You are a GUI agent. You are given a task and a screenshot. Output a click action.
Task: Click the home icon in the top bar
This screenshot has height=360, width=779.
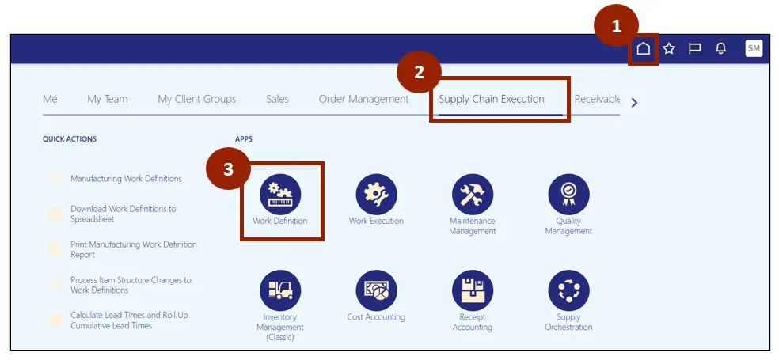(x=643, y=49)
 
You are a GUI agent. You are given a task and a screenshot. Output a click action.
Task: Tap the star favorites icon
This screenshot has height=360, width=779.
(x=669, y=49)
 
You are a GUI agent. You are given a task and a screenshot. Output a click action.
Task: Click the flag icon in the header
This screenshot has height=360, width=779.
(x=694, y=49)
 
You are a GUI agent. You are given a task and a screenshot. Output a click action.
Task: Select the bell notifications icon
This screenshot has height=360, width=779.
(x=720, y=49)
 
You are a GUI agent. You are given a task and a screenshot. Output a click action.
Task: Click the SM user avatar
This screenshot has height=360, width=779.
(x=754, y=49)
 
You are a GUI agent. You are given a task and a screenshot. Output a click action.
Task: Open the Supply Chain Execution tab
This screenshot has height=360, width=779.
(x=492, y=99)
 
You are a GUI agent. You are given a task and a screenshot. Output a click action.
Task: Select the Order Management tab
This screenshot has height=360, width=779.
(x=363, y=99)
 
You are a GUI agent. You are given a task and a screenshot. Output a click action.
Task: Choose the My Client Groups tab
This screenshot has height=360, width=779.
(x=196, y=99)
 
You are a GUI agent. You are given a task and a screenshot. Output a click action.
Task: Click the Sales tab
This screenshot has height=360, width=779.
(x=277, y=99)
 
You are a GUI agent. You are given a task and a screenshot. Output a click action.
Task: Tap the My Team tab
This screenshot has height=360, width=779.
(x=108, y=99)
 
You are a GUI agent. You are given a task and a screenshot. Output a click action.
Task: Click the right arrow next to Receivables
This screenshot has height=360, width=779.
(x=633, y=102)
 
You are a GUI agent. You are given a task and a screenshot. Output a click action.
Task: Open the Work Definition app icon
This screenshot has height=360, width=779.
(x=280, y=194)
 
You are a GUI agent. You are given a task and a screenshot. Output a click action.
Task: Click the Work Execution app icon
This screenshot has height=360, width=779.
(x=376, y=194)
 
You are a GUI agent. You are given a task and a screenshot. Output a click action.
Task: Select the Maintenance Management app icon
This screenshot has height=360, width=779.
(x=473, y=194)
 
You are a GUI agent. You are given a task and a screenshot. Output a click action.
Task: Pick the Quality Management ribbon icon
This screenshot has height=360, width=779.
(x=568, y=194)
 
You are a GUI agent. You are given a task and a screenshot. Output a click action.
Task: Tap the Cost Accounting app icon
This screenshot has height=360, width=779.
(x=376, y=290)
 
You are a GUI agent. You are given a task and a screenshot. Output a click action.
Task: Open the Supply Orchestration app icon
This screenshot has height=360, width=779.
(x=568, y=290)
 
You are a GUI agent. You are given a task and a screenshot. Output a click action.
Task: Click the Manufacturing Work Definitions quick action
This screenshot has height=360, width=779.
(x=126, y=179)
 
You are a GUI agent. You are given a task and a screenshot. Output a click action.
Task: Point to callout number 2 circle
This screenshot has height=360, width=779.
(x=420, y=73)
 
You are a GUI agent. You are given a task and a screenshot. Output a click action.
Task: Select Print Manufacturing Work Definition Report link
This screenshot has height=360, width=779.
(x=133, y=249)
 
